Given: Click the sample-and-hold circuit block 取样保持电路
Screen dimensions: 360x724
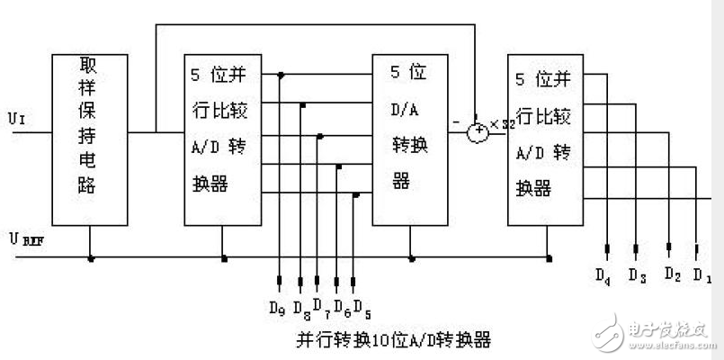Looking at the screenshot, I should (89, 139).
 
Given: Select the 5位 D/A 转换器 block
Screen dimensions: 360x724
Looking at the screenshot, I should (413, 139).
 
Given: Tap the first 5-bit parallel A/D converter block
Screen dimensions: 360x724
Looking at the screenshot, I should (222, 139).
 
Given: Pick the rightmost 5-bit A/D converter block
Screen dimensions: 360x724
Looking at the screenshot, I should (546, 139).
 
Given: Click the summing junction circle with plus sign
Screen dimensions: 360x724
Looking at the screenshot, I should (478, 132).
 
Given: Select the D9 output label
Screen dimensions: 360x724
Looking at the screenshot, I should (277, 308).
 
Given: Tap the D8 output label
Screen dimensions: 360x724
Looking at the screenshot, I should (299, 311).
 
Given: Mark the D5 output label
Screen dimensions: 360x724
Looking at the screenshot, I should (362, 308).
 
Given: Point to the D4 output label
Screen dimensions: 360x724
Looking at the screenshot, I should (603, 276).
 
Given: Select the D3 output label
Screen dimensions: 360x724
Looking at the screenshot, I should (637, 274).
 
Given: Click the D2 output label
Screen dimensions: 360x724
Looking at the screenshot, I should (671, 274).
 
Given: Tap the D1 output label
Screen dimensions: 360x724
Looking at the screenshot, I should (702, 275).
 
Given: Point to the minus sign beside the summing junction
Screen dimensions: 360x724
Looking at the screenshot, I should (458, 119).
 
